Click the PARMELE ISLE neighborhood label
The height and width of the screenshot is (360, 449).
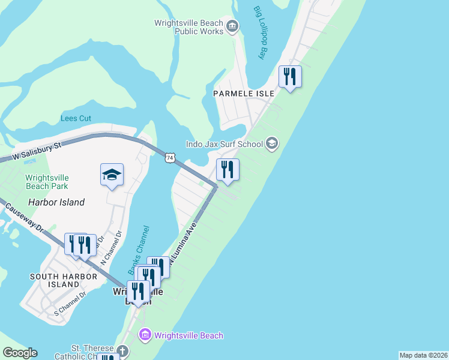[244, 94]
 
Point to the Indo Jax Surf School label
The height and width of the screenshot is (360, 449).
[224, 144]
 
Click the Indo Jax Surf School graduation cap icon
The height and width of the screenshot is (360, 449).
[272, 143]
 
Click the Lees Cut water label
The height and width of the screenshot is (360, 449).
[76, 118]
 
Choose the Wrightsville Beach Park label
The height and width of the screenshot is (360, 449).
[47, 182]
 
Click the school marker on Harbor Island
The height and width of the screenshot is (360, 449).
[112, 175]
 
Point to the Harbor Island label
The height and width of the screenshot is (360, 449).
[59, 202]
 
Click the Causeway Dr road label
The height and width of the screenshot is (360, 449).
[24, 219]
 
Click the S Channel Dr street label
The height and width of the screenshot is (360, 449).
[70, 304]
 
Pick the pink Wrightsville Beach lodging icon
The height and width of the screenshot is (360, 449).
[144, 335]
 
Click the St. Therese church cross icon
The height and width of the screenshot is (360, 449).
[122, 350]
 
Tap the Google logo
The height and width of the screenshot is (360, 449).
[20, 353]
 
